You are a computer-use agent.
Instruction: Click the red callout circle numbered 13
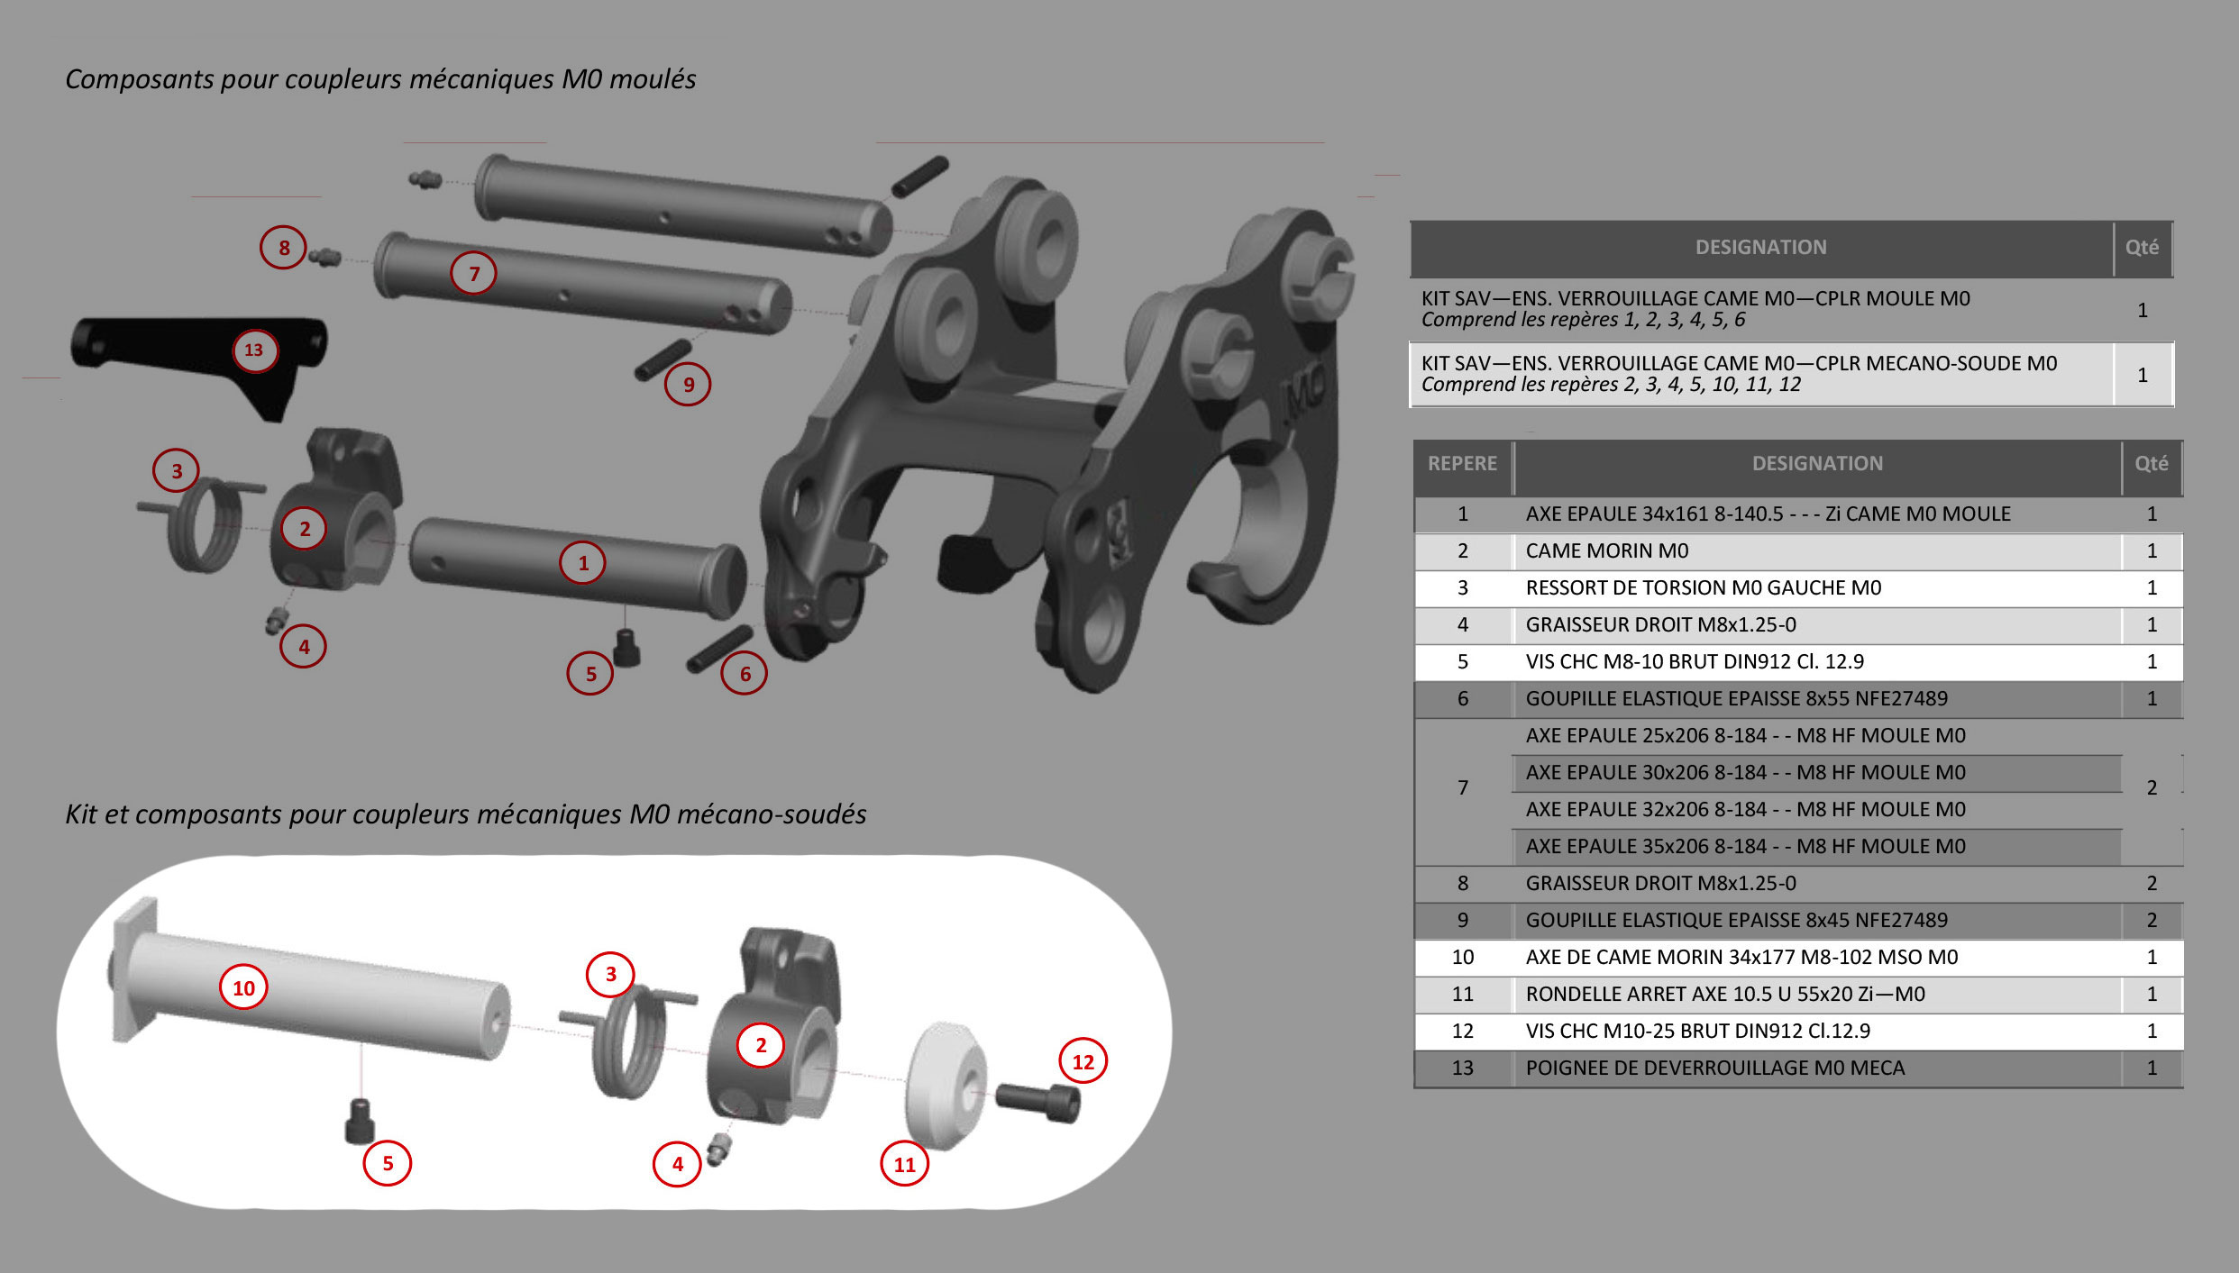[254, 350]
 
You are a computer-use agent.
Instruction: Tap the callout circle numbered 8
[284, 248]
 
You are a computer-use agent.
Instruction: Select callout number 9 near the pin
[688, 385]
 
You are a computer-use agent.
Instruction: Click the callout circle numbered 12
[1083, 1062]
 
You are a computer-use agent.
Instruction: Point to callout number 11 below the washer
[904, 1164]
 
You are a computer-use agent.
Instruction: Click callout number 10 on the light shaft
[243, 988]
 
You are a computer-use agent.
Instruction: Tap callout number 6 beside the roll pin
[745, 674]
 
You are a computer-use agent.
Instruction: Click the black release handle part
[180, 347]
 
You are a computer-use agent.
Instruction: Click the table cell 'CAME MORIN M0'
[1606, 551]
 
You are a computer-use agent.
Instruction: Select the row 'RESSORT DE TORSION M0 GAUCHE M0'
[1703, 588]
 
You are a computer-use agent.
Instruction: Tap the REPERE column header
[1462, 464]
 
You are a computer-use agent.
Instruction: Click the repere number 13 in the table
[1462, 1068]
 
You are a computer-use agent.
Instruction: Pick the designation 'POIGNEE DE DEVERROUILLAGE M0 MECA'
[1714, 1068]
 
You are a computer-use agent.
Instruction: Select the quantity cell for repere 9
[2152, 921]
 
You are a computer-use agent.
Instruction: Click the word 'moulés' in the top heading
[652, 79]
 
